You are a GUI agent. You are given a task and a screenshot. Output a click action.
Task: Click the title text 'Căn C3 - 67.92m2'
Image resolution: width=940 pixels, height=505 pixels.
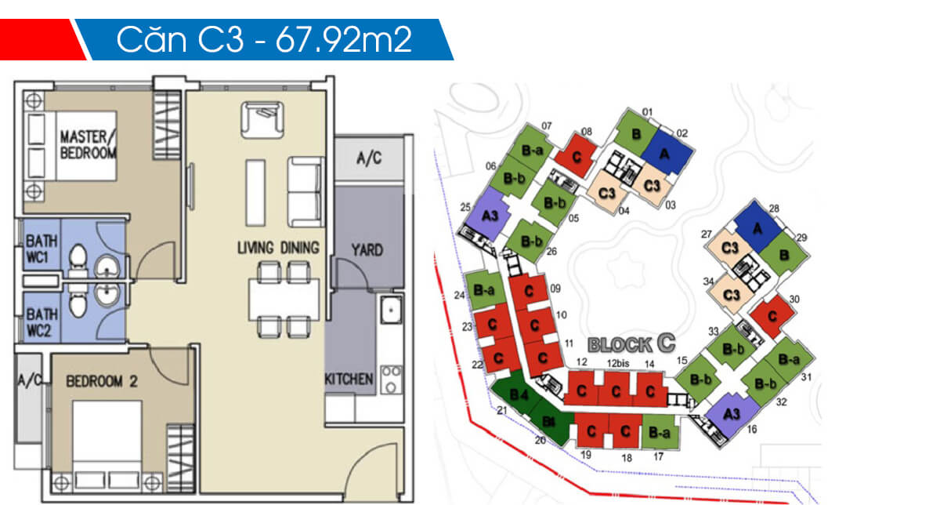264,40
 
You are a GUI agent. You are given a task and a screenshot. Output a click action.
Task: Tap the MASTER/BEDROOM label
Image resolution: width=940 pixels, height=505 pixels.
88,144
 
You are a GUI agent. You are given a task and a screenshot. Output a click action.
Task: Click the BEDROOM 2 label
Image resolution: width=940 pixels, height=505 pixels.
102,382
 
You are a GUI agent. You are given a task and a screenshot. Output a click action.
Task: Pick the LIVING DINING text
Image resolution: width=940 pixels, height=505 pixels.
278,248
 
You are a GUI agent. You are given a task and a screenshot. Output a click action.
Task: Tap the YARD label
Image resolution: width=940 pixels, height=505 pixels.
367,250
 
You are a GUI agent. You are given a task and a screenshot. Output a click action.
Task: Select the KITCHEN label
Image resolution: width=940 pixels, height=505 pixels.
349,379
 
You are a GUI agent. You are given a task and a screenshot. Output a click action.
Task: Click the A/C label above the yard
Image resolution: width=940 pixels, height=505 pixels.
368,158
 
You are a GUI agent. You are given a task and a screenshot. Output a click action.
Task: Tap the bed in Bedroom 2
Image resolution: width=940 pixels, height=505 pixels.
107,443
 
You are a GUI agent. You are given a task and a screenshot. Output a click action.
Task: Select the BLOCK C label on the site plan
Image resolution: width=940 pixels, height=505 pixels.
631,343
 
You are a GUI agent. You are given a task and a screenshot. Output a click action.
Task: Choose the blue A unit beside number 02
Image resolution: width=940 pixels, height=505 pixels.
665,155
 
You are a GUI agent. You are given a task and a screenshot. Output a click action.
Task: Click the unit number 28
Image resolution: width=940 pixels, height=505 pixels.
774,209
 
